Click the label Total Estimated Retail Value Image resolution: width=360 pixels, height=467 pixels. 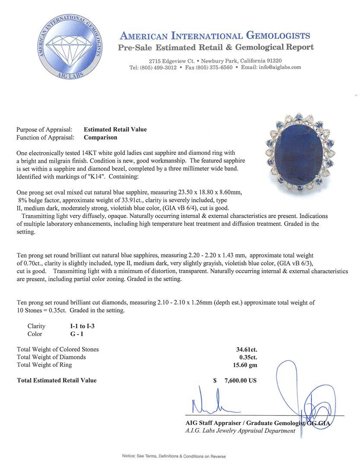click(x=57, y=381)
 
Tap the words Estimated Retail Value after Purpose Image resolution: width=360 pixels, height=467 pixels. click(x=115, y=129)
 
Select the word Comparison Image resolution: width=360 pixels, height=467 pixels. click(x=100, y=138)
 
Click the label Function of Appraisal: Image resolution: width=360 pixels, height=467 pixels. click(x=45, y=138)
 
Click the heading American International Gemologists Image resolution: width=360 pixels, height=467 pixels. click(x=215, y=36)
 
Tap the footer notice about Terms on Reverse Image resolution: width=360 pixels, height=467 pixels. click(x=174, y=456)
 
